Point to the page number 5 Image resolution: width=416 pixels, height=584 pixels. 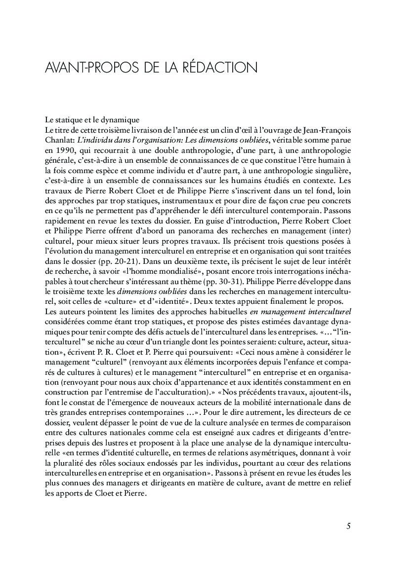348,526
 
